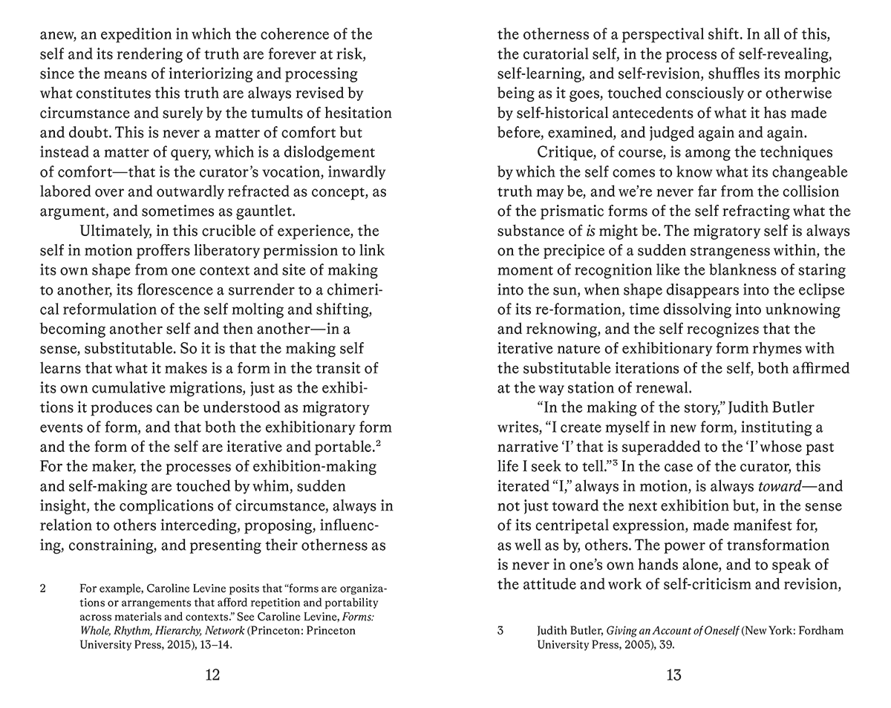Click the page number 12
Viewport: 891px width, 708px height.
point(212,675)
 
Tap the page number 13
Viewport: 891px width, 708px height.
point(673,675)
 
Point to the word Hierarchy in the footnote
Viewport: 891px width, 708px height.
point(198,631)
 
